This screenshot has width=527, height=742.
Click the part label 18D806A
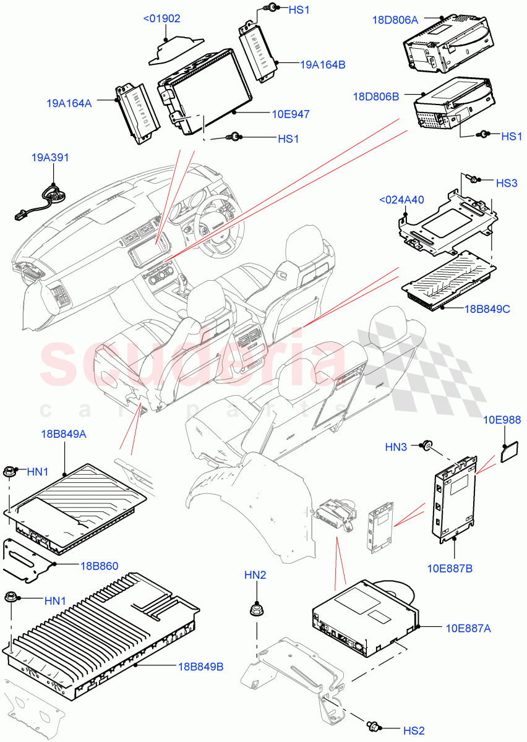(395, 20)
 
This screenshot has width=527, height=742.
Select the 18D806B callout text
(376, 96)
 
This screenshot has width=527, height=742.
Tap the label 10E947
(291, 114)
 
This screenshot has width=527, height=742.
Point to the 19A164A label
(69, 103)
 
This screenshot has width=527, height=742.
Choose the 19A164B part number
(323, 64)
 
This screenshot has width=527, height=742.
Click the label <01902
(161, 19)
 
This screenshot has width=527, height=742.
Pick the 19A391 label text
(50, 158)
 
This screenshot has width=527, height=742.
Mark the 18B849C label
(487, 309)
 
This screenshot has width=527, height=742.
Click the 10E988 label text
(502, 420)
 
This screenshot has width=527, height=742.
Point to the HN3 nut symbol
(426, 445)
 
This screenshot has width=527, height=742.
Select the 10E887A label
(468, 628)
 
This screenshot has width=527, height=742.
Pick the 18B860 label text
(99, 565)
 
